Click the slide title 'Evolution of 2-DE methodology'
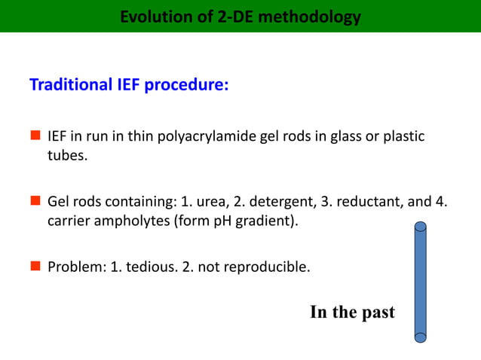tap(240, 16)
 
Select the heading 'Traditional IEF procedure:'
tap(128, 84)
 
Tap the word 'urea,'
tap(214, 202)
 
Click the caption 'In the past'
tap(352, 313)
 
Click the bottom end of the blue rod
tap(421, 335)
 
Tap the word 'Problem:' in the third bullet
tap(74, 266)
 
